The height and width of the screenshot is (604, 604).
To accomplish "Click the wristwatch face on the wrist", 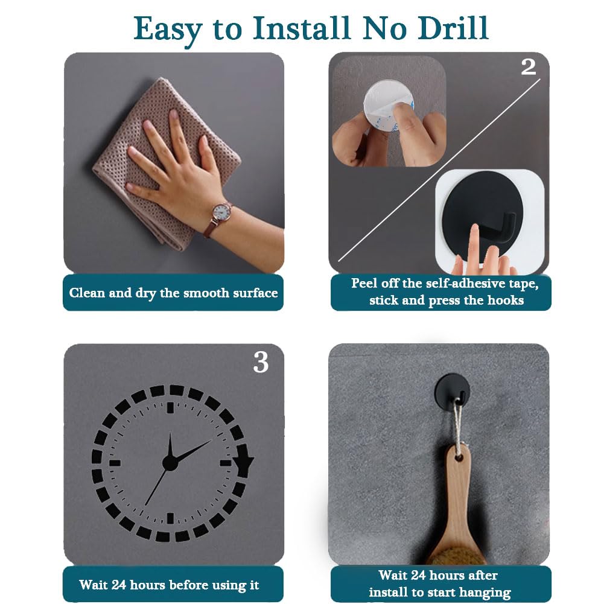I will [x=219, y=212].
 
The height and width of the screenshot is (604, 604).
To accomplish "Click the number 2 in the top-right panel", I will [x=528, y=67].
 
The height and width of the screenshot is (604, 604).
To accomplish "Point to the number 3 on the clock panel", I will [x=261, y=362].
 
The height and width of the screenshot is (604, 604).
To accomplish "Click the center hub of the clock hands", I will [x=170, y=463].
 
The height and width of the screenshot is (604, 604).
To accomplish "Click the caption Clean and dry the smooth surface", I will [x=173, y=293].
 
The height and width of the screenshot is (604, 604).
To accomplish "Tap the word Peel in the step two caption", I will [x=365, y=284].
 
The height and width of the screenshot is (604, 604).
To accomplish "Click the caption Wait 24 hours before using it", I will [x=169, y=585].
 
